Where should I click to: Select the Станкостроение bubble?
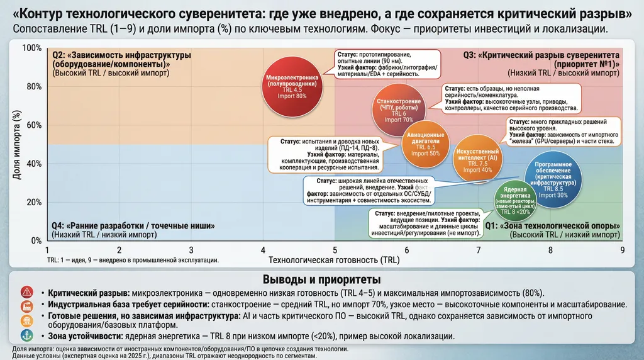click(x=399, y=110)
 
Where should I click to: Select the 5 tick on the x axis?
click(x=335, y=250)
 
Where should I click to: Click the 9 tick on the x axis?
click(x=623, y=250)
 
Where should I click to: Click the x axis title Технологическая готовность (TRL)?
click(x=334, y=259)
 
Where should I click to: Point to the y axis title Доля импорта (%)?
click(x=17, y=145)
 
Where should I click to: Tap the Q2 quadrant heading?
click(x=121, y=59)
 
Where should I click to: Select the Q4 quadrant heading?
click(x=134, y=226)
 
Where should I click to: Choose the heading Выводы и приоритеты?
click(x=321, y=279)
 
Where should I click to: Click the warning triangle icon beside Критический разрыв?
click(x=26, y=292)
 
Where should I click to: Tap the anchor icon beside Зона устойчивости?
click(x=26, y=335)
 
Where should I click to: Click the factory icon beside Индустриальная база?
click(x=26, y=306)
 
